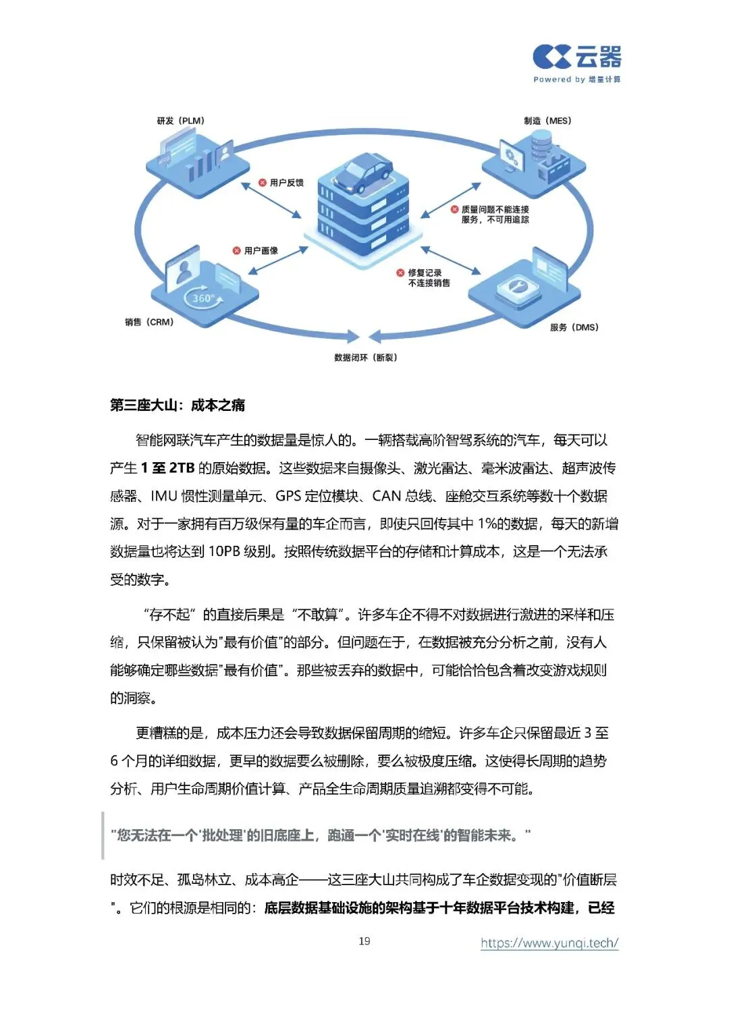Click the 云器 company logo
click(576, 57)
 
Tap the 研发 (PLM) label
click(180, 121)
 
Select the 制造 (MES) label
click(547, 121)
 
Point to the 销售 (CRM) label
click(149, 322)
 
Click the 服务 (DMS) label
click(574, 327)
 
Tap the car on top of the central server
click(363, 173)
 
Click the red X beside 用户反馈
click(263, 182)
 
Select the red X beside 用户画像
click(237, 250)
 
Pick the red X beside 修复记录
click(400, 273)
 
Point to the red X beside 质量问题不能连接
click(454, 209)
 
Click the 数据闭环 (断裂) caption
click(365, 358)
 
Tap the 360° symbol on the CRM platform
click(203, 298)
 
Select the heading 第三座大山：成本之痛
click(178, 405)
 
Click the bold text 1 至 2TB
click(167, 468)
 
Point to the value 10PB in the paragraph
click(224, 552)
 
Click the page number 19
click(364, 941)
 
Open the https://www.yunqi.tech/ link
click(549, 943)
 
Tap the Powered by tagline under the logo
click(576, 80)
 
